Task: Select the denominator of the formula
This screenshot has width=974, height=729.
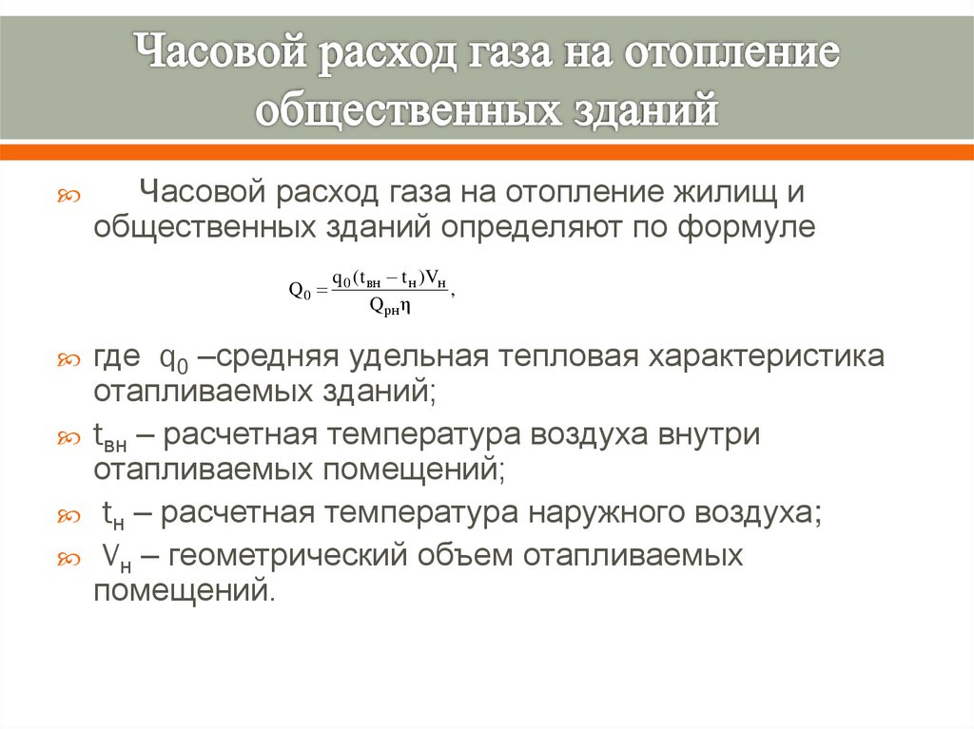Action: (389, 306)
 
